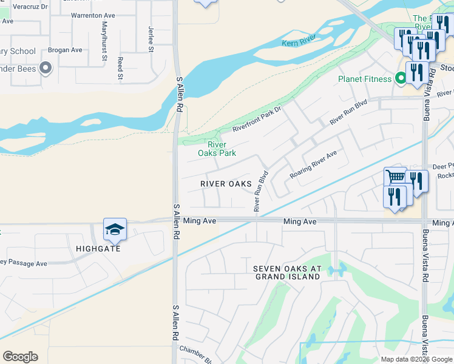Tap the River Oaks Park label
[217, 149]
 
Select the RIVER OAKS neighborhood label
[226, 184]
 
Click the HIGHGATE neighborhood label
[98, 249]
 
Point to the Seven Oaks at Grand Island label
[286, 272]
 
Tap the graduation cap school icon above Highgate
[115, 229]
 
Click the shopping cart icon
[395, 177]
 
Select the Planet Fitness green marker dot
[400, 78]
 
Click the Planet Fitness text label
[364, 79]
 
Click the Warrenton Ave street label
[93, 14]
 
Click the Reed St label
[121, 69]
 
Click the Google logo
[20, 357]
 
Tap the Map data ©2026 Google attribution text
[416, 359]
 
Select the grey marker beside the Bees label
[45, 68]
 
